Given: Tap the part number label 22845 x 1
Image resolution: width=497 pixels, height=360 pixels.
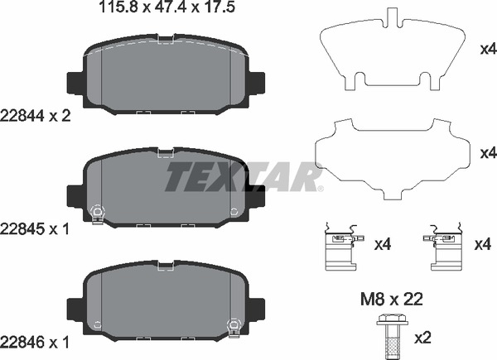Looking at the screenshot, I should pos(37,227).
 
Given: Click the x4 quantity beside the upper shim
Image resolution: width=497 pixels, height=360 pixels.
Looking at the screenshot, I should pos(488,49).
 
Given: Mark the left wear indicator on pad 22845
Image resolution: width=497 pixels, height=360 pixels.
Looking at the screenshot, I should pos(97,213).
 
